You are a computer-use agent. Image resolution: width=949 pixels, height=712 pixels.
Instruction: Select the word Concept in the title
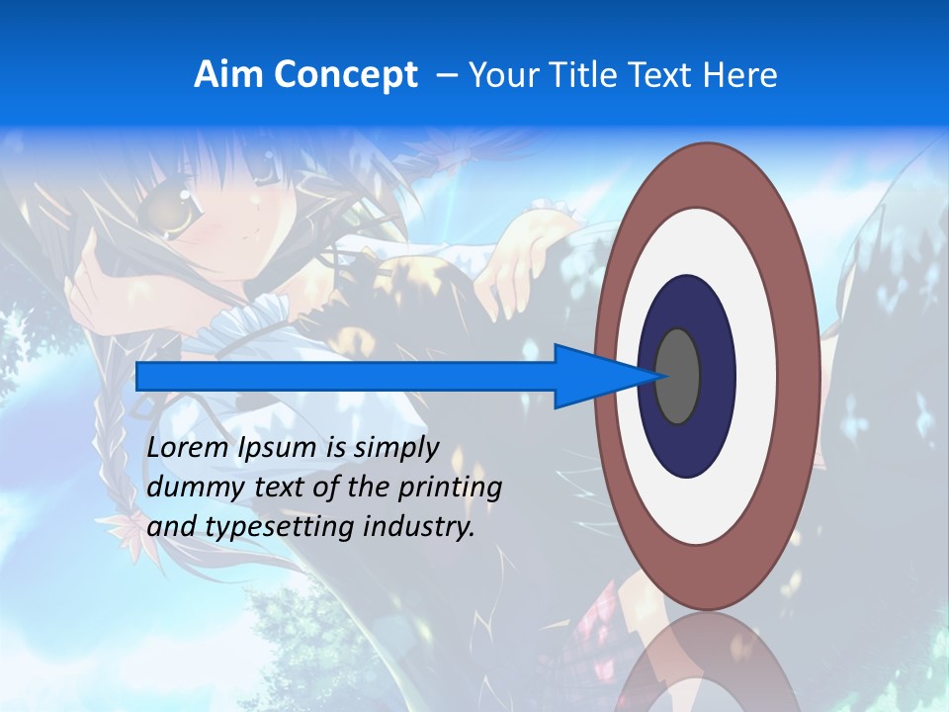344,75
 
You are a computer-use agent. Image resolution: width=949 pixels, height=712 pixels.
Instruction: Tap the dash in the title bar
446,75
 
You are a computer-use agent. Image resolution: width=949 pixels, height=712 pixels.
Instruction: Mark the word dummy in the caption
187,489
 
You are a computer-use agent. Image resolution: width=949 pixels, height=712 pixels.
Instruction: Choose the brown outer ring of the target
803,376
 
